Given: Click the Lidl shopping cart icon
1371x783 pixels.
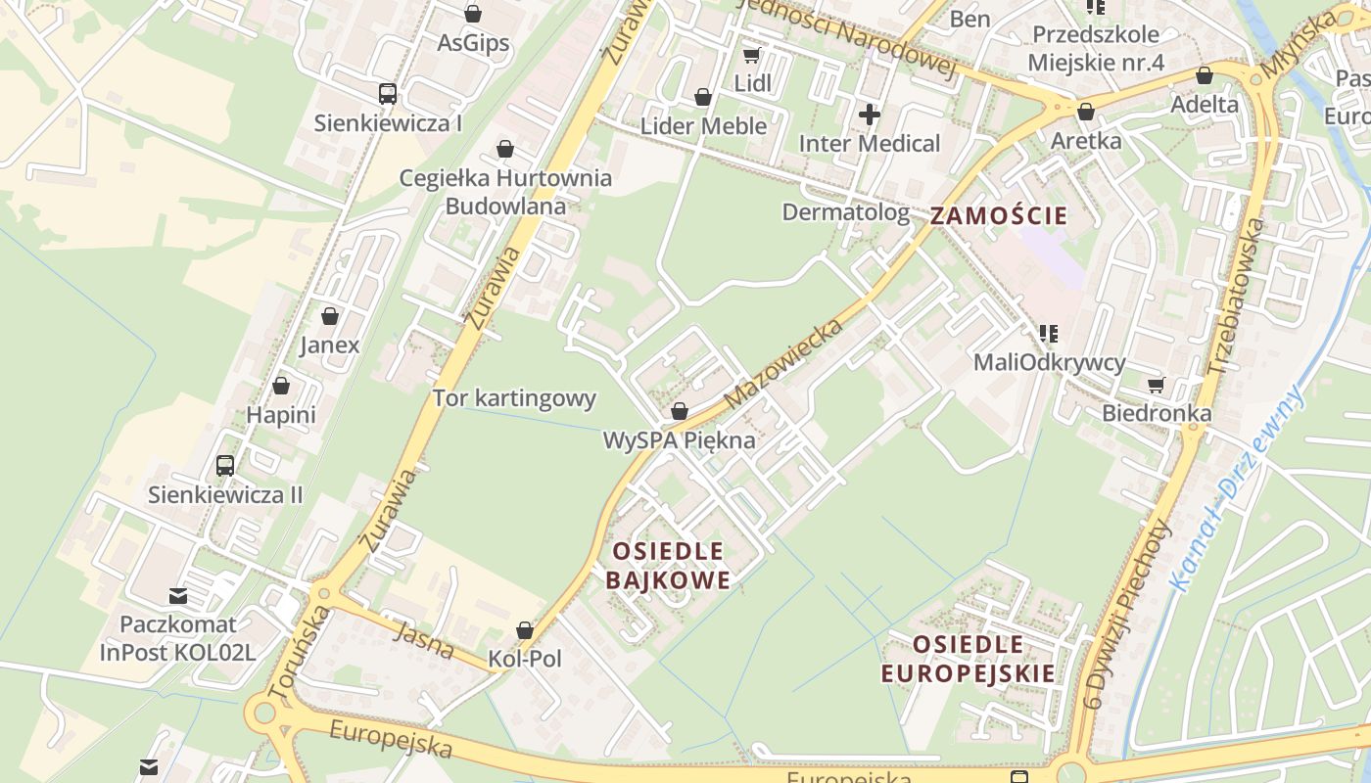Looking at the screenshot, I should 751,56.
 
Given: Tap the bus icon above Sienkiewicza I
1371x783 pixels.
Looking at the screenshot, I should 388,94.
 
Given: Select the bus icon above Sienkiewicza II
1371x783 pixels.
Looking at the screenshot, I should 225,465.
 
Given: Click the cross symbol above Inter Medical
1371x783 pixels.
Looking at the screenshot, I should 869,115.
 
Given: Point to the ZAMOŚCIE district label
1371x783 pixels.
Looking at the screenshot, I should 998,216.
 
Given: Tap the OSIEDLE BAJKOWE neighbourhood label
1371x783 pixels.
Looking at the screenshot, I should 668,566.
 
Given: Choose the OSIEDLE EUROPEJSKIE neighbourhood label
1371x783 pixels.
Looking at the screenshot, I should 968,659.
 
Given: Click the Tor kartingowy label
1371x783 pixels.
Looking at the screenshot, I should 514,398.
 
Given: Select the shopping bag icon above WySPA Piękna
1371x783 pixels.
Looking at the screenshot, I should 679,411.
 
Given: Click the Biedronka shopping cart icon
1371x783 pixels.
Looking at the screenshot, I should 1156,385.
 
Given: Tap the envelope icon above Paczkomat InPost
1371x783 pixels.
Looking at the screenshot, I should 177,595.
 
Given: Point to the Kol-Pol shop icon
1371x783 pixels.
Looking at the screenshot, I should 525,630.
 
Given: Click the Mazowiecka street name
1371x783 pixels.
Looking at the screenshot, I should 783,364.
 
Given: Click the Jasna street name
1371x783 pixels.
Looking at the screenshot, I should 424,640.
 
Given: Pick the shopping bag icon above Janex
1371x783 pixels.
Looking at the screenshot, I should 330,316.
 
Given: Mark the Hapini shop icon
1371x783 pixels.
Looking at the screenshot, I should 281,387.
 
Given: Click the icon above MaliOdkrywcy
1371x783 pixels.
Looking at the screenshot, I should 1049,334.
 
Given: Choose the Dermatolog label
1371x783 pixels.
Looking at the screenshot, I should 845,212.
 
